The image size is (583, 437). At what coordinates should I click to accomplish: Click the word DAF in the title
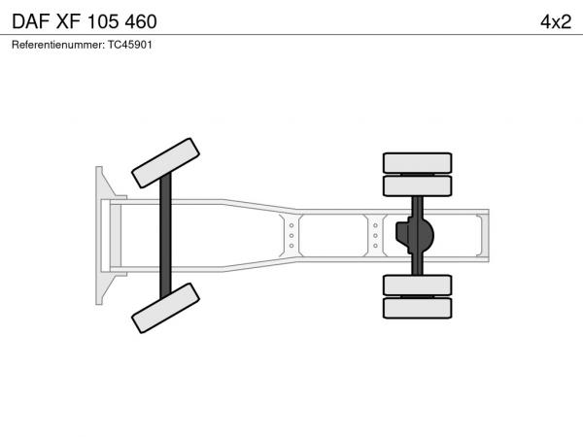coord(31,21)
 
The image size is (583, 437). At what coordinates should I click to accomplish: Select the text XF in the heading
coord(68,21)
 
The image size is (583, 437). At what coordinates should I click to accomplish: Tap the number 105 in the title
coord(103,21)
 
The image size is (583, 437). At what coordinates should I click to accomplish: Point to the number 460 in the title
coord(141,21)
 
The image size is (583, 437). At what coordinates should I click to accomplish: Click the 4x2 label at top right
coord(556,22)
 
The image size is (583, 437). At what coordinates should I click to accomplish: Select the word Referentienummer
coord(58,45)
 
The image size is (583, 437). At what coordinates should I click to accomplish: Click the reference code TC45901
coord(130,45)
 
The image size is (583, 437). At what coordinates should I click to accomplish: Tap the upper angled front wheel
coord(165,163)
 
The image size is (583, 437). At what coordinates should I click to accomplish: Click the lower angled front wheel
coord(165,308)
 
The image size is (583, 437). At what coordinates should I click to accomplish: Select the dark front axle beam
coord(165,236)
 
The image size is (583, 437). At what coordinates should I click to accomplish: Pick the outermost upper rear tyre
coord(417,163)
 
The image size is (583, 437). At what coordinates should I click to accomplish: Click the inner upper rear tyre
coord(417,185)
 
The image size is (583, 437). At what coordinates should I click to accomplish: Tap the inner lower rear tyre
coord(417,286)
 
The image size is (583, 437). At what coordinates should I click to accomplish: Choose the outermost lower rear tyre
coord(417,308)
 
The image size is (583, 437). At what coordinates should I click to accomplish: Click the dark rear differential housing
coord(415,235)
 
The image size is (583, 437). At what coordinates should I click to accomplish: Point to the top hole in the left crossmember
coord(291,225)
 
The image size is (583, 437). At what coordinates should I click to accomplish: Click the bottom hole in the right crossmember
coord(375,246)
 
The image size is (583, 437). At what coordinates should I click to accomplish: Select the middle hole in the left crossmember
coord(291,236)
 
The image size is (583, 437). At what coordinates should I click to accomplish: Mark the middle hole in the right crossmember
coord(375,236)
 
